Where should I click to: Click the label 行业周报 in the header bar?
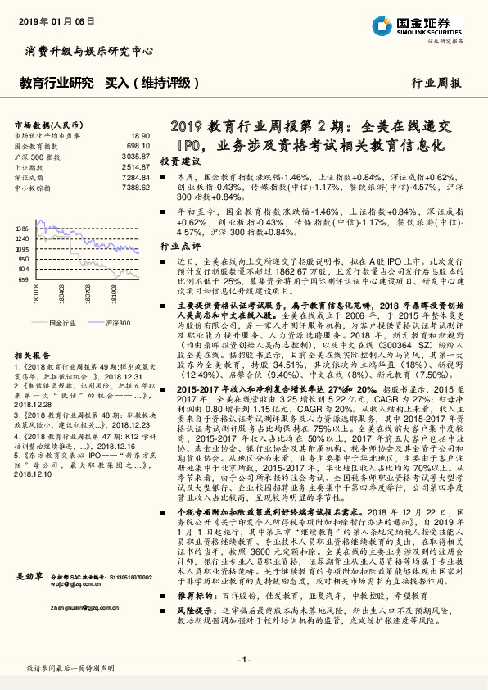[436, 83]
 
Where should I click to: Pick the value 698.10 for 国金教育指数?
[138, 145]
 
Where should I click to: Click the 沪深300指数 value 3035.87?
[136, 156]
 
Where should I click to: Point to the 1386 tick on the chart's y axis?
[22, 229]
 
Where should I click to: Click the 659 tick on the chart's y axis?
[24, 279]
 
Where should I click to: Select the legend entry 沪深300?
[118, 323]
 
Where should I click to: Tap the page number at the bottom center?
[243, 660]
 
